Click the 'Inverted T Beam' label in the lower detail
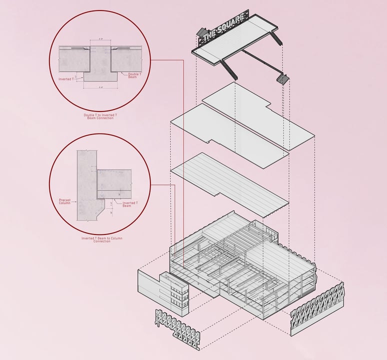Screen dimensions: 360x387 129,204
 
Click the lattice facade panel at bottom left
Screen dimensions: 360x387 177,328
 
